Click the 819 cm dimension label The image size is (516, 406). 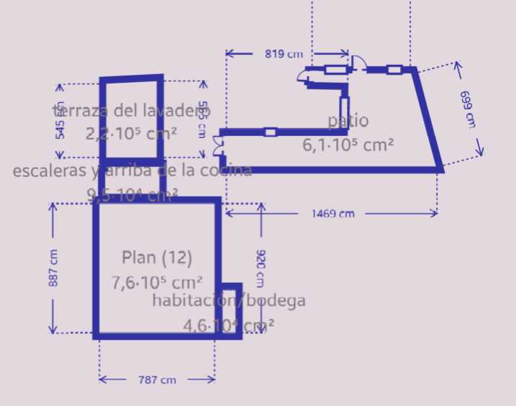tap(284, 54)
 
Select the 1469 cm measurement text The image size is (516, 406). tap(332, 214)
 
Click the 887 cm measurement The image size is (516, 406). tap(53, 269)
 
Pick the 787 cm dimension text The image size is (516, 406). tap(158, 379)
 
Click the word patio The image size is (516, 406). tap(348, 120)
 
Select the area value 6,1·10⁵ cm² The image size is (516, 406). tap(348, 145)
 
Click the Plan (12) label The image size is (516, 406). tap(157, 257)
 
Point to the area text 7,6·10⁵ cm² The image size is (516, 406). tap(157, 282)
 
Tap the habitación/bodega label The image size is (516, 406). tap(229, 301)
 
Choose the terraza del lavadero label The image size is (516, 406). tap(132, 110)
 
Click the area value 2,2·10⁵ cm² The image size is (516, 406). tap(132, 133)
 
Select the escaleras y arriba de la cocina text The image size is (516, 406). tap(132, 171)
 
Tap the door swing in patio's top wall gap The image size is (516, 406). tap(358, 63)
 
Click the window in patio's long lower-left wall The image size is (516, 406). tap(270, 132)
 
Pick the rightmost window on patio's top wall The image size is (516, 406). tap(394, 70)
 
